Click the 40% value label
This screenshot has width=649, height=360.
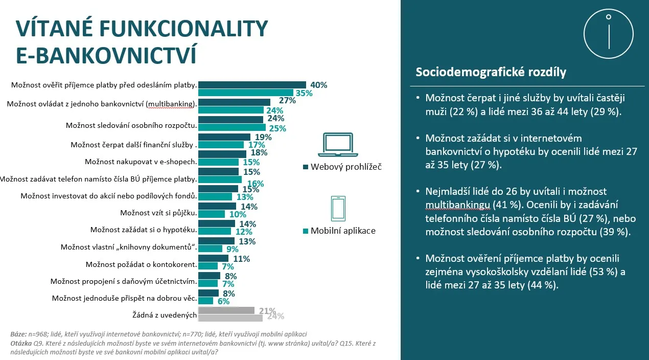pos(318,85)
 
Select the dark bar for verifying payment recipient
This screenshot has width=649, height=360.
pos(251,85)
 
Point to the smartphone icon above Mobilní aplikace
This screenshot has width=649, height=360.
pos(338,209)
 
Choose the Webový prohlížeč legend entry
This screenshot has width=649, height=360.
pos(342,167)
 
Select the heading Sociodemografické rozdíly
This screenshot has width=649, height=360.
pos(491,72)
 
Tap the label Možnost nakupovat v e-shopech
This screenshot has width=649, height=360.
pos(141,161)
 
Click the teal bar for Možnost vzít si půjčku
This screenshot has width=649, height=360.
pos(211,214)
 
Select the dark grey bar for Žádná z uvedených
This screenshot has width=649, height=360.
pos(226,310)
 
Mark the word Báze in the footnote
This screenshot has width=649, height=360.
pos(18,333)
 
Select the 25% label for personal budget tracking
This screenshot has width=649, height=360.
pos(277,128)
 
